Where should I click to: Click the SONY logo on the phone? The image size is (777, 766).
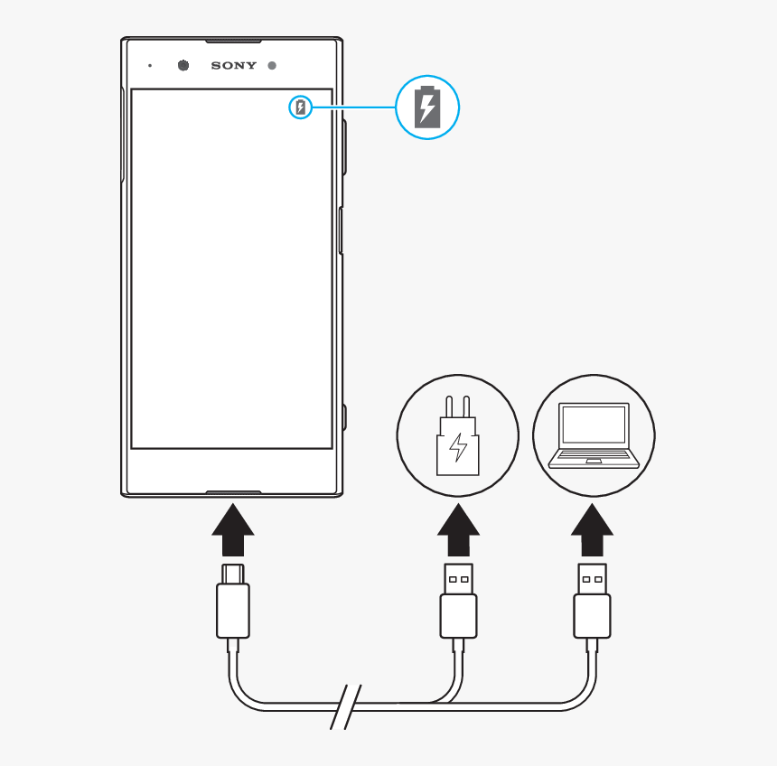[x=233, y=65]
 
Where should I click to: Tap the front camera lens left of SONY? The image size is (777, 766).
[x=183, y=65]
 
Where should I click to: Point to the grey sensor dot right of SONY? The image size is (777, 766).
[x=271, y=65]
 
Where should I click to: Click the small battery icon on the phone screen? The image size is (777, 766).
[x=301, y=108]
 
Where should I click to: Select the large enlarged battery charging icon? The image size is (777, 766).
[x=427, y=107]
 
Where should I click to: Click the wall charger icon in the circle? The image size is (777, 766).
[x=458, y=437]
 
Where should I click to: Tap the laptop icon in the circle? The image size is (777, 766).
[x=594, y=434]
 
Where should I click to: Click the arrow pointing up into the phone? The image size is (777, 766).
[x=233, y=530]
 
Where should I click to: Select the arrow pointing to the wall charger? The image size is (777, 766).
[x=458, y=530]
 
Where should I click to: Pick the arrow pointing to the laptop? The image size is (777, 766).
[x=593, y=530]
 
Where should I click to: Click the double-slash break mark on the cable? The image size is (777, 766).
[x=345, y=705]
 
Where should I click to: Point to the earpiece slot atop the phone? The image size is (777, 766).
[x=233, y=42]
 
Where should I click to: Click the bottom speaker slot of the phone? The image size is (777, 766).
[x=233, y=493]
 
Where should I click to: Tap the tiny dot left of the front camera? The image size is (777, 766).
[x=150, y=65]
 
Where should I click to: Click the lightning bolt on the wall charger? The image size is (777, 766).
[x=459, y=447]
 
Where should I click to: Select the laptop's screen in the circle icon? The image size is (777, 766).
[x=594, y=424]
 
